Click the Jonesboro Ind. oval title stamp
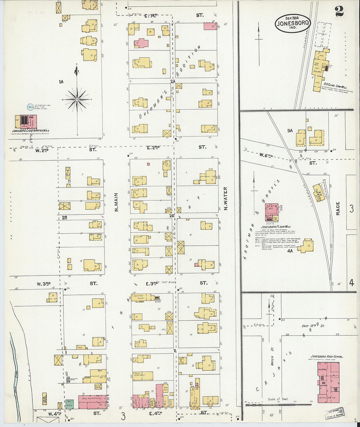(x=293, y=23)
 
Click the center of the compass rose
(x=77, y=99)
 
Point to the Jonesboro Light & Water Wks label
(x=30, y=131)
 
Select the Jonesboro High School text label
(x=327, y=356)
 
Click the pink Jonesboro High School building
(x=328, y=382)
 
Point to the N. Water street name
(x=225, y=199)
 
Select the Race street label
(x=338, y=208)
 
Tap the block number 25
(x=64, y=217)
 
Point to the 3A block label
(x=290, y=130)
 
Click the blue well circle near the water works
(x=30, y=107)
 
